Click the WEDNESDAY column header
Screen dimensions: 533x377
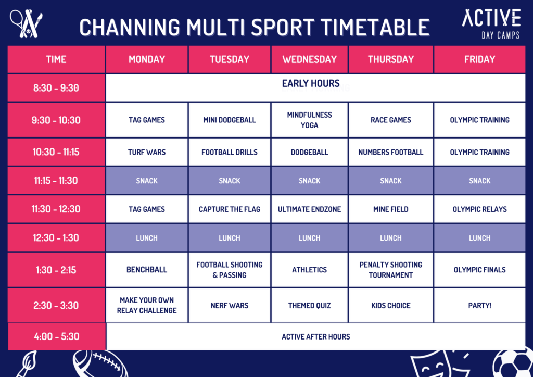pos(309,59)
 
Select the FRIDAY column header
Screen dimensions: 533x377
pos(479,59)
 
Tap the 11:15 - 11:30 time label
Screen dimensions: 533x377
pos(56,181)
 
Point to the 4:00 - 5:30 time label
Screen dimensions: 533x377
pos(56,336)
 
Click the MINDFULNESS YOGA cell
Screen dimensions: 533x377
pos(309,120)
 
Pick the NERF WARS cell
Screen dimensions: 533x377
pos(230,305)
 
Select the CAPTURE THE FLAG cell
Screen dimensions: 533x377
pos(230,209)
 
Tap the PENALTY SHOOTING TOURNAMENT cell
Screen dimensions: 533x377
pos(391,270)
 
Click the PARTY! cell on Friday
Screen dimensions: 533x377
pos(479,305)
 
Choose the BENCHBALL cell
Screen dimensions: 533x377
pos(147,270)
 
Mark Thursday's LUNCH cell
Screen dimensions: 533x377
pos(391,238)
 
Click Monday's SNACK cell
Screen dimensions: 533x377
pos(147,181)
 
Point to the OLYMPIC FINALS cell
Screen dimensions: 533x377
pos(479,270)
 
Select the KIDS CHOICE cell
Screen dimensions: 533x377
pos(391,305)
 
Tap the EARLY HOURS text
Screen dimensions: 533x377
pos(311,83)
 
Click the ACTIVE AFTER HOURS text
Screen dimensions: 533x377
pos(316,336)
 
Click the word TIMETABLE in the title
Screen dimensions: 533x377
pos(375,27)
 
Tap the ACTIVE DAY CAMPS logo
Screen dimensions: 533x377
pos(491,24)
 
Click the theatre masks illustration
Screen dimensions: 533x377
pos(442,364)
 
